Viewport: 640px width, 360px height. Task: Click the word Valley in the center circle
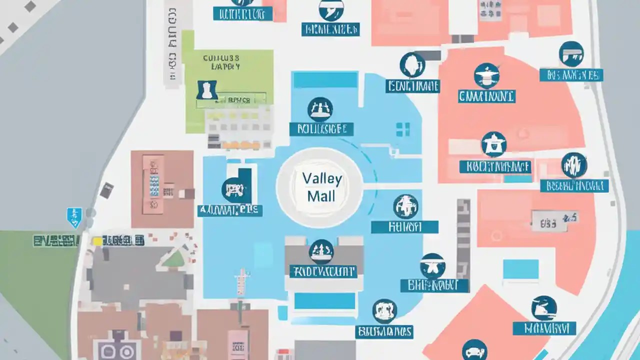point(321,178)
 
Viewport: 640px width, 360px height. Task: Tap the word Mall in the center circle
point(321,195)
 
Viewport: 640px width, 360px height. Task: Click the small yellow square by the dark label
point(97,241)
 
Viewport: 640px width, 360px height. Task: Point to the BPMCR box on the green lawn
point(238,100)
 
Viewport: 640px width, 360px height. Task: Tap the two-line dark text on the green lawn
point(221,62)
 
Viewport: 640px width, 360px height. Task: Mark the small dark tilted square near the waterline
point(106,190)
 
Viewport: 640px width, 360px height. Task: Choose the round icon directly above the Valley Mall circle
point(320,109)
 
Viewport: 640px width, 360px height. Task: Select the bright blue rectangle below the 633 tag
point(520,269)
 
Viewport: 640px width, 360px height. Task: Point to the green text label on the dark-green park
point(56,240)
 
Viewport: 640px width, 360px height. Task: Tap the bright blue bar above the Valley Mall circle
point(325,80)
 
